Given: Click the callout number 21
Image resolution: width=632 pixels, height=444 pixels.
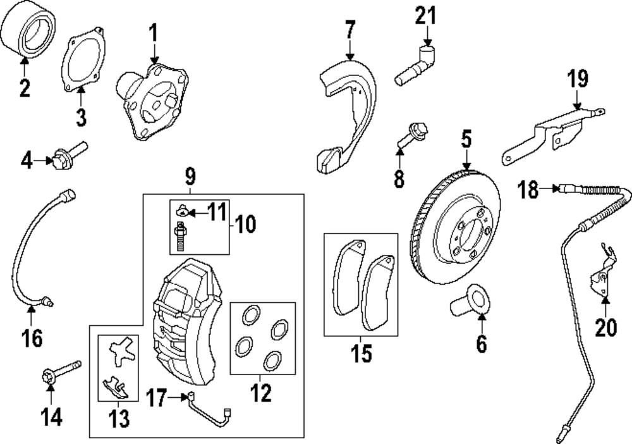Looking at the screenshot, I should [x=425, y=14].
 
